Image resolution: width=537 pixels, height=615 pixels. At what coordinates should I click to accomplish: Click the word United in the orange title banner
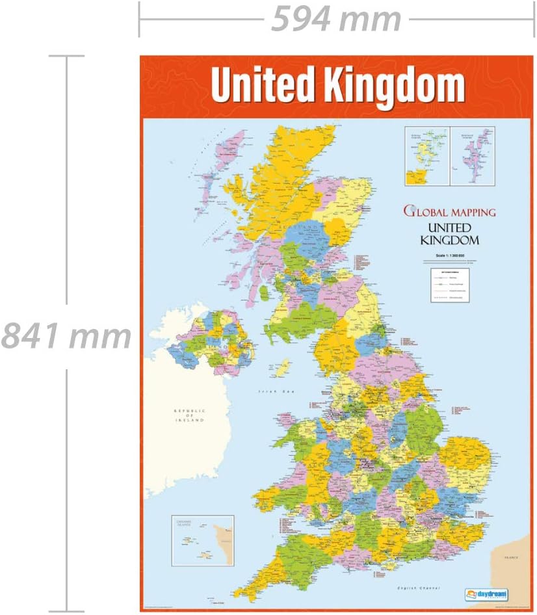(x=264, y=86)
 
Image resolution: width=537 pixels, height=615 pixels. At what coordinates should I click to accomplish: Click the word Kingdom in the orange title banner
(x=394, y=86)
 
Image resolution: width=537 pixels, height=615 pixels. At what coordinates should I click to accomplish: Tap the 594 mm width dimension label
(x=336, y=19)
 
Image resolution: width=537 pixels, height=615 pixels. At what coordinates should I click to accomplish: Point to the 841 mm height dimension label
(x=66, y=336)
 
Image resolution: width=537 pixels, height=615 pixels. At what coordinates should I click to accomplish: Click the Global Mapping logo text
(x=450, y=211)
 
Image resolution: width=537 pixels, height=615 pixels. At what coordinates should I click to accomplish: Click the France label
(x=510, y=558)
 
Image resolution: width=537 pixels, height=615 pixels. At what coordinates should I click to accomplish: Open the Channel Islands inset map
(x=203, y=540)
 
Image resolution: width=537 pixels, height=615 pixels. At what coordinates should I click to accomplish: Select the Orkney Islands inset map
(x=426, y=155)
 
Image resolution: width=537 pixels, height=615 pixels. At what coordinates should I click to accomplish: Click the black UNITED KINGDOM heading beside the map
(x=450, y=234)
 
